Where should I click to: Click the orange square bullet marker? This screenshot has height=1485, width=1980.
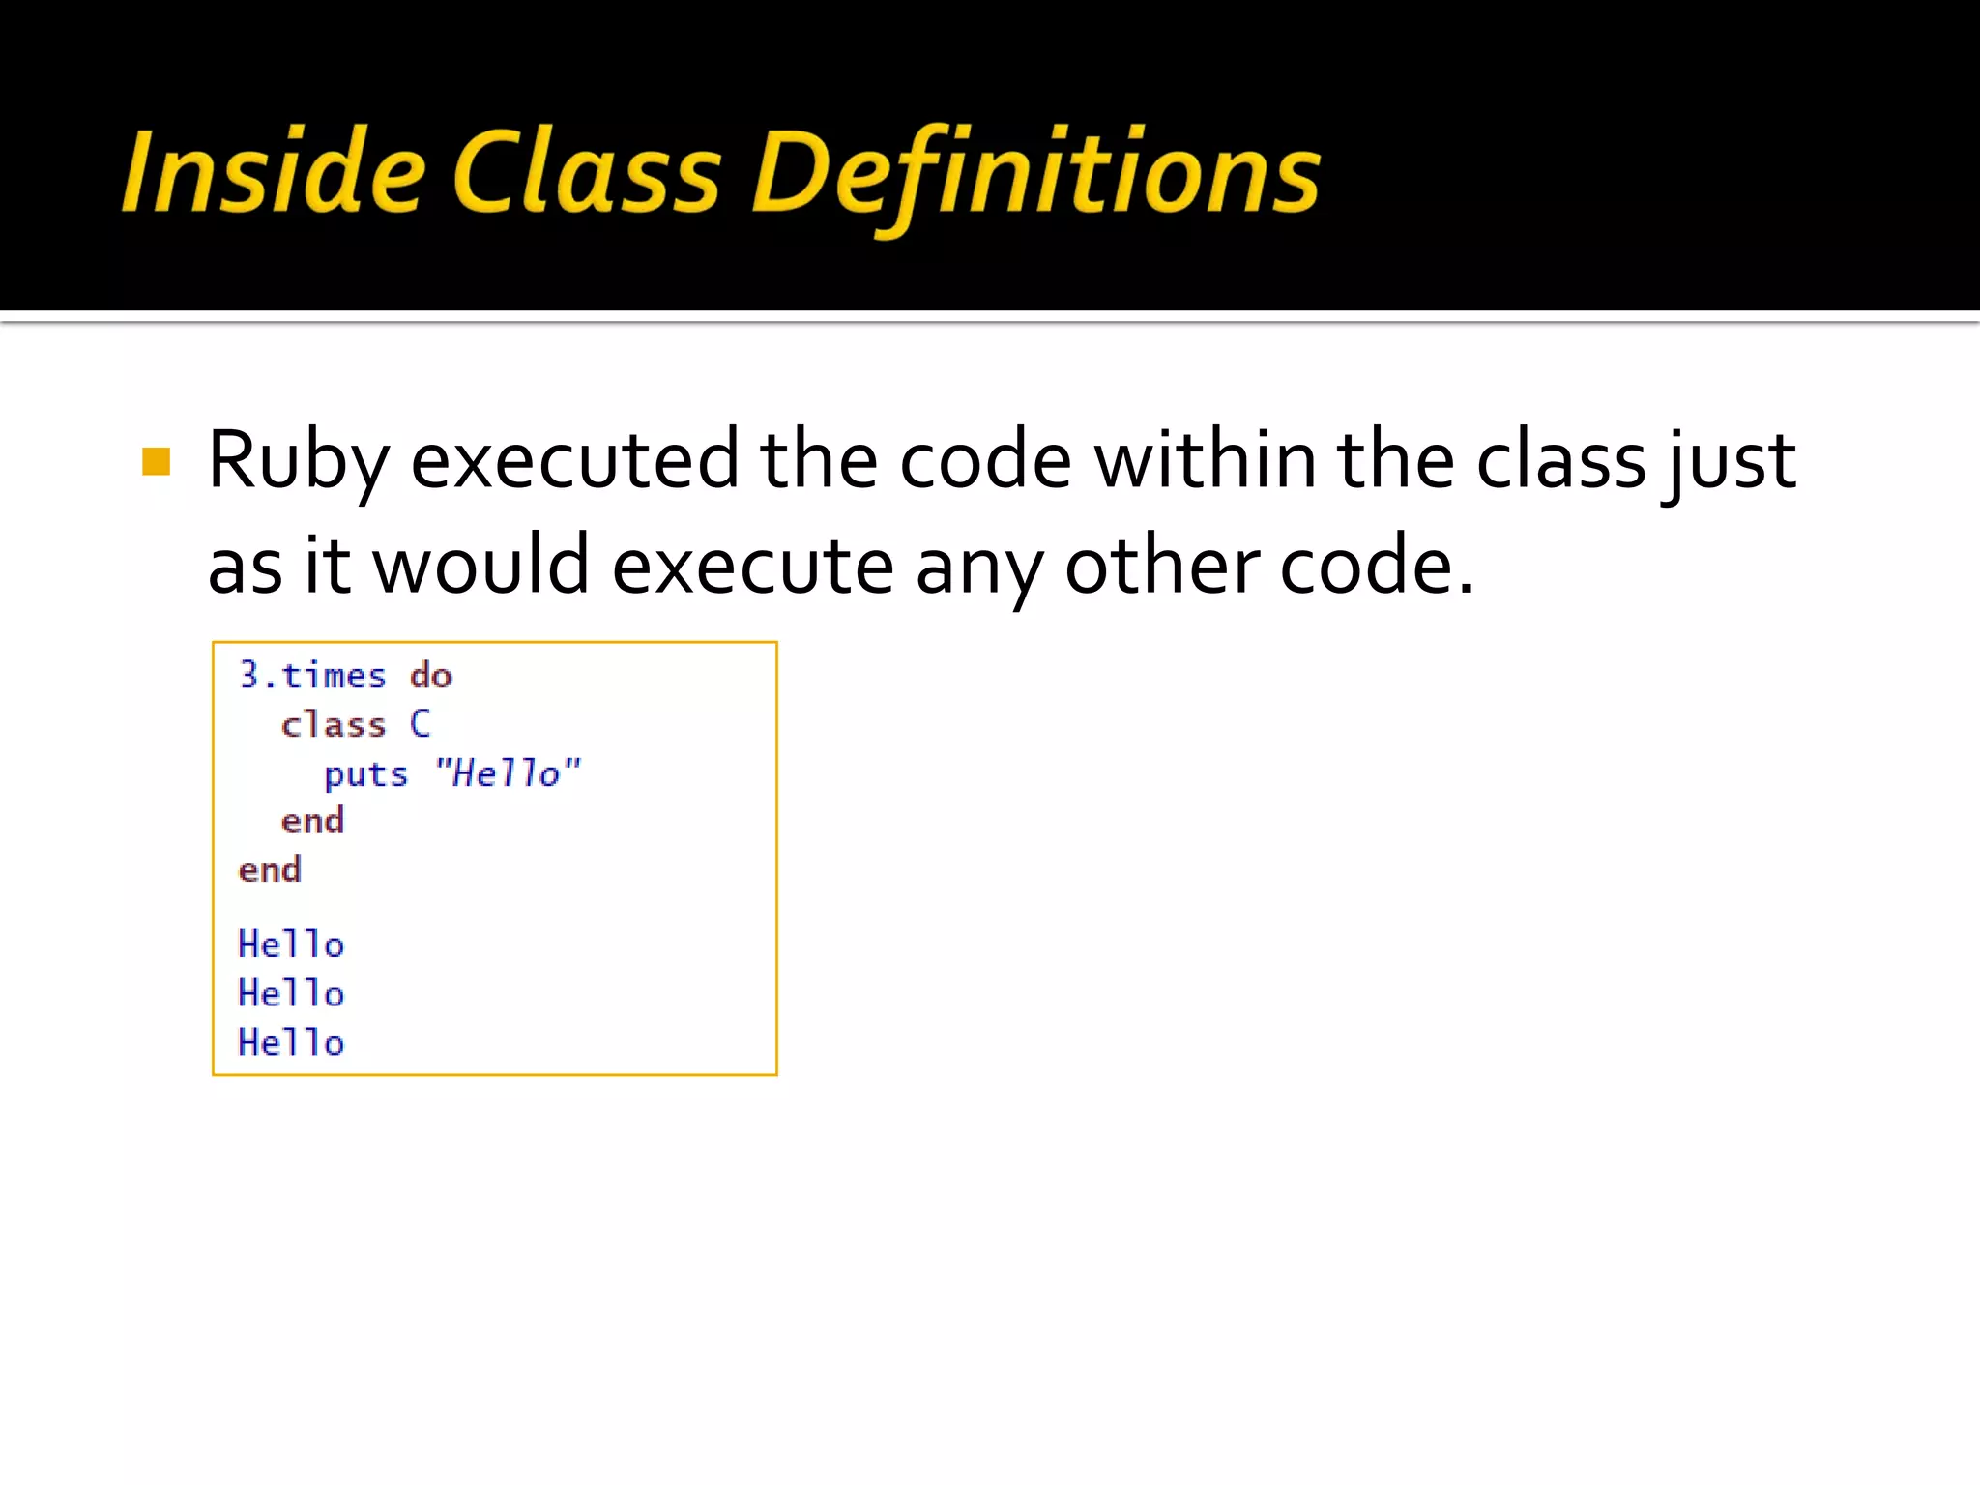click(156, 462)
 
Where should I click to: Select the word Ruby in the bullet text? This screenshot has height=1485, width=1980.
click(298, 460)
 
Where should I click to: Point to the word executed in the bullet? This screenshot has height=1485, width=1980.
click(575, 460)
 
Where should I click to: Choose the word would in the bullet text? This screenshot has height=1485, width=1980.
click(480, 567)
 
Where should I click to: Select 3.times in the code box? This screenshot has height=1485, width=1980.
click(312, 675)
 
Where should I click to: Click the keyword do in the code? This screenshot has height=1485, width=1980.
click(430, 675)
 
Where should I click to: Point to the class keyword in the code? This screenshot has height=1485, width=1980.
click(334, 724)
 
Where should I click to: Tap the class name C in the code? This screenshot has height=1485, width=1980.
click(420, 723)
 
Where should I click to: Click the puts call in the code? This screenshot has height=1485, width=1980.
click(365, 774)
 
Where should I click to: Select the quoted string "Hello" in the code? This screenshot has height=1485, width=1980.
click(508, 773)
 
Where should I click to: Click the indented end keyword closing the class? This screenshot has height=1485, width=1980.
click(312, 822)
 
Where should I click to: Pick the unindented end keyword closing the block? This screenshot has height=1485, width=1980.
click(270, 870)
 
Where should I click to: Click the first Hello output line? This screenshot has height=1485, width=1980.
click(291, 945)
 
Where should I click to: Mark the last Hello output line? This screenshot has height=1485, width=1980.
click(291, 1043)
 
